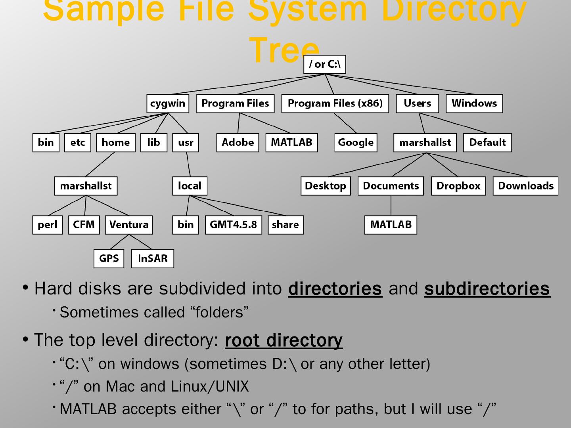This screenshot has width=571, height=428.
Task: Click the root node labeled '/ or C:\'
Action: (324, 64)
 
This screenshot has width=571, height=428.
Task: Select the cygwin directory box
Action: (168, 103)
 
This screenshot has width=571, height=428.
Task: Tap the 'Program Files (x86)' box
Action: (335, 103)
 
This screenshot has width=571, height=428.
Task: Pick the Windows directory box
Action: (474, 103)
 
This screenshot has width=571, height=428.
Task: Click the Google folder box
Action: (356, 143)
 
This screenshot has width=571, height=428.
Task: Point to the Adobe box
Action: (238, 143)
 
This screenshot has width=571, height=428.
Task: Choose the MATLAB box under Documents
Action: (391, 225)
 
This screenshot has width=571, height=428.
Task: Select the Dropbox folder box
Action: (458, 186)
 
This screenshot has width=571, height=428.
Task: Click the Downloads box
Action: (525, 186)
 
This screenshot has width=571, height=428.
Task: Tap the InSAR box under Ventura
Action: (153, 259)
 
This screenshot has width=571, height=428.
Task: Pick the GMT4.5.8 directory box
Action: (233, 225)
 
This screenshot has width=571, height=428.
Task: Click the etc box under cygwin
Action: (78, 143)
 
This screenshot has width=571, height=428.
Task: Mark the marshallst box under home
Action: (86, 186)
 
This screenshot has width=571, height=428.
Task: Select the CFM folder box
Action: (84, 225)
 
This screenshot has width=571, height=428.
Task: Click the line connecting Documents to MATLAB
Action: (391, 205)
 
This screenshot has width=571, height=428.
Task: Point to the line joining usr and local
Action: (188, 164)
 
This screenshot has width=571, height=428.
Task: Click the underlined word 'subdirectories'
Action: (487, 289)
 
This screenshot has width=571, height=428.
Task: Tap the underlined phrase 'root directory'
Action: (284, 340)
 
